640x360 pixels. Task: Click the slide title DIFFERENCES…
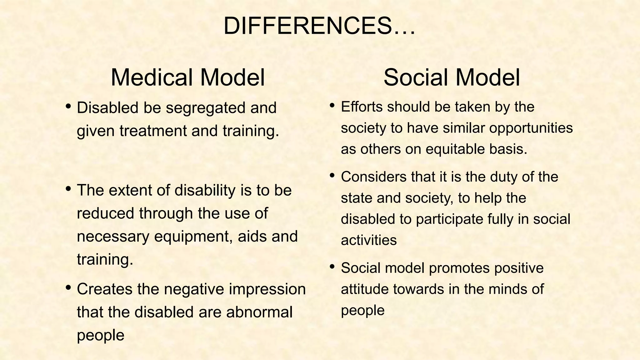coord(319,26)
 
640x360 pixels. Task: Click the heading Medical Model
coord(188,77)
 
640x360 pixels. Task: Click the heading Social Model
coord(452,77)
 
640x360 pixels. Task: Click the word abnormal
coord(259,312)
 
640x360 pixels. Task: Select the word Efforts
coord(362,107)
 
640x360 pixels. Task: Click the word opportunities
coord(531,128)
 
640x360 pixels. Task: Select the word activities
coord(369,240)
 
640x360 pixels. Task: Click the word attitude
coord(364,289)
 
